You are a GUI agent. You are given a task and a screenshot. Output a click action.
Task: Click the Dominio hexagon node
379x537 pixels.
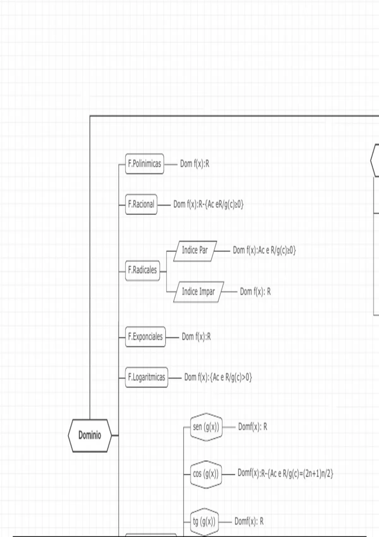[x=90, y=435]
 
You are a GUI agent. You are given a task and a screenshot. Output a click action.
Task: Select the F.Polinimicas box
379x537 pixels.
[x=145, y=164]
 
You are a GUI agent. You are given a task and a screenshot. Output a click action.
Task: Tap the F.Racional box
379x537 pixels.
[x=141, y=204]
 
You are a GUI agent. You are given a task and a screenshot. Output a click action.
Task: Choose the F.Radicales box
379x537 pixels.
[x=142, y=270]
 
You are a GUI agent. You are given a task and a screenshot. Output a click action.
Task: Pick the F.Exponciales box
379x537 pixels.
[x=145, y=337]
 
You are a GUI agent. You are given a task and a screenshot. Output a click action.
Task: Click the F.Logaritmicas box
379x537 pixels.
[x=147, y=377]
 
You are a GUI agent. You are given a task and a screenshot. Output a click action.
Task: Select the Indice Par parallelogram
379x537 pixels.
[x=195, y=250]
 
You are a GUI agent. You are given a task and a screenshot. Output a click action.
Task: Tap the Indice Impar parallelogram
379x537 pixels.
[x=198, y=292]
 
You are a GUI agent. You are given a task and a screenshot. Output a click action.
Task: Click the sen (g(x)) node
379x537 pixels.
[x=206, y=427]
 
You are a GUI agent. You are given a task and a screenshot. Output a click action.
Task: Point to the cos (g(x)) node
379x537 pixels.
[x=206, y=474]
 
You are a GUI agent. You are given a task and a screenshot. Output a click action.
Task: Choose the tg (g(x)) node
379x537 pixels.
[x=204, y=522]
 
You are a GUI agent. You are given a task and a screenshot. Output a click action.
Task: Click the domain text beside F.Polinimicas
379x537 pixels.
[x=195, y=164]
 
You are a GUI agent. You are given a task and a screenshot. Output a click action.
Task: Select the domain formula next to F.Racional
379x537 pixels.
[x=208, y=204]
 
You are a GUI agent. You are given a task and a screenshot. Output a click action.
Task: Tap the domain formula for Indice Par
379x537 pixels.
[x=264, y=250]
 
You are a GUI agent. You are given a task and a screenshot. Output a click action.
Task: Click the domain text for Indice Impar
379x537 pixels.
[x=255, y=292]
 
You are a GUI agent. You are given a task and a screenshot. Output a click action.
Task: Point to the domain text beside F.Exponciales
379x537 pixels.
[x=196, y=337]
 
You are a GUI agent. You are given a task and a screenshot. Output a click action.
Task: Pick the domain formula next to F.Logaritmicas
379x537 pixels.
[x=218, y=377]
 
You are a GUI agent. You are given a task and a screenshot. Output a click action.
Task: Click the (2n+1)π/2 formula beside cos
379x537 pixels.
[x=285, y=474]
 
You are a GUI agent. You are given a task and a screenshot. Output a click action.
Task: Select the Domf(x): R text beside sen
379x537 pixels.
[x=252, y=427]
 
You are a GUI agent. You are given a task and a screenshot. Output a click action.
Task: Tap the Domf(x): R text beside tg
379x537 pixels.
[x=249, y=522]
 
